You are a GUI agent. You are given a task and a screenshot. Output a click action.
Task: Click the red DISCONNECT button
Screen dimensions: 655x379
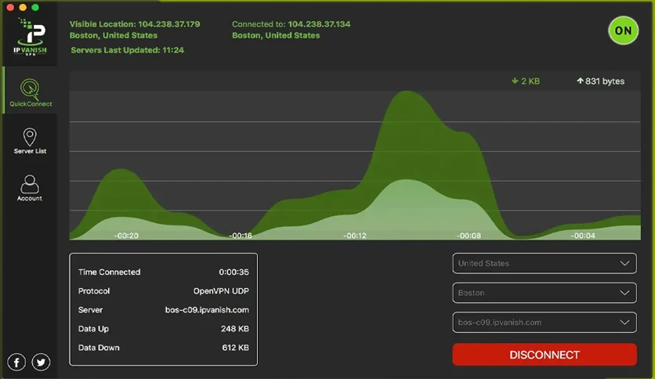[x=545, y=355]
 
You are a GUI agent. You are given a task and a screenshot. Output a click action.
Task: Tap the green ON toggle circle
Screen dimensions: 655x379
[x=623, y=31]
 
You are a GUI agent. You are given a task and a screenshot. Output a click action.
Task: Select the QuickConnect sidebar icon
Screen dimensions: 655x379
[x=30, y=88]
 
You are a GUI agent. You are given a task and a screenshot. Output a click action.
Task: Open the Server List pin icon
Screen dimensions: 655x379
[x=30, y=137]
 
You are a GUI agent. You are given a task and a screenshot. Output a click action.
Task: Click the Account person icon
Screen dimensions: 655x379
[x=30, y=184]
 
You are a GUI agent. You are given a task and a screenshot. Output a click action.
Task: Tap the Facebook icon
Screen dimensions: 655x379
[x=16, y=362]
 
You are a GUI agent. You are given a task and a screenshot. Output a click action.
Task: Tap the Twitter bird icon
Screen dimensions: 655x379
[x=41, y=362]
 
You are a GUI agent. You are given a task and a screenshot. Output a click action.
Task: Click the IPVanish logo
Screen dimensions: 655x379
[x=30, y=37]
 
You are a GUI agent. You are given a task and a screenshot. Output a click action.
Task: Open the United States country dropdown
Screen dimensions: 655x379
[x=545, y=263]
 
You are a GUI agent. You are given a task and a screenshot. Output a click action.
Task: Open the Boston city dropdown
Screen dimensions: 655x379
[x=545, y=293]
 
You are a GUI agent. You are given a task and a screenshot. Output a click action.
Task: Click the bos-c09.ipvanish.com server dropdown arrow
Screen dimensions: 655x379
[x=624, y=323]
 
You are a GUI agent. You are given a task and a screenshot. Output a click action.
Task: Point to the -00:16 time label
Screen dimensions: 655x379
[x=241, y=236]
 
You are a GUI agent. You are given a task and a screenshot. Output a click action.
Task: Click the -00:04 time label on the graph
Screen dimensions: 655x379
[x=583, y=236]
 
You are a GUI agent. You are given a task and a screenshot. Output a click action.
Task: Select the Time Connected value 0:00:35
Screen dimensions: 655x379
[x=234, y=273]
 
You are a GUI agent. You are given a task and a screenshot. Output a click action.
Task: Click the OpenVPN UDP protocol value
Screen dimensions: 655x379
[x=221, y=291]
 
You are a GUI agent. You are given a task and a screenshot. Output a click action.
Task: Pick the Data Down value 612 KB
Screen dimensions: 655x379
[x=236, y=347]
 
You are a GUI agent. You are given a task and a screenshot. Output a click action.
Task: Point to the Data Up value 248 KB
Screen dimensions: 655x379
[x=235, y=329]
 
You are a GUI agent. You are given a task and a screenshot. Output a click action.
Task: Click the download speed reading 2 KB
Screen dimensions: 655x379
[x=526, y=81]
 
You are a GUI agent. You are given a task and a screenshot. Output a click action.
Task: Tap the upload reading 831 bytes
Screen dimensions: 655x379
[x=601, y=81]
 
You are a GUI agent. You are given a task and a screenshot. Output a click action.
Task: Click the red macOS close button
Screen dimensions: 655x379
[x=10, y=7]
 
